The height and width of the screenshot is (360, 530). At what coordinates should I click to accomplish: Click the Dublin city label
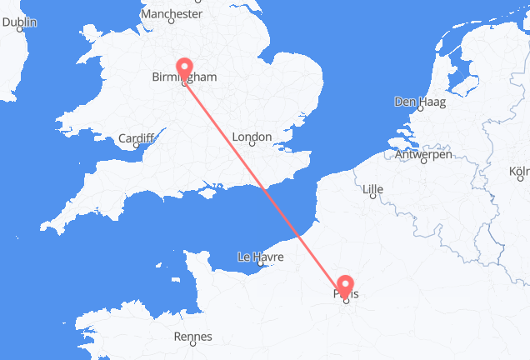(x=19, y=22)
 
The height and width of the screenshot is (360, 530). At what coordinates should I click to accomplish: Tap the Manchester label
(x=172, y=14)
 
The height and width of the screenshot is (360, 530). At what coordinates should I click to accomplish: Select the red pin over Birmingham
(x=184, y=67)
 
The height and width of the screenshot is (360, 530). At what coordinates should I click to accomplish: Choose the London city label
(x=252, y=137)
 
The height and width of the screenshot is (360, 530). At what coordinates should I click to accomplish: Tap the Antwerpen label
(x=423, y=154)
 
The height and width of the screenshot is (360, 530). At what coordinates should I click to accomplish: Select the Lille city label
(x=372, y=189)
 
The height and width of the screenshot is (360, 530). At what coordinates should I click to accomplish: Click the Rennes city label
(x=193, y=337)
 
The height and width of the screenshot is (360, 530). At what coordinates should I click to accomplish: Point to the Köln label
(x=518, y=173)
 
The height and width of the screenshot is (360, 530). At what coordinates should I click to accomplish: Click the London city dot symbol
(x=252, y=146)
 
